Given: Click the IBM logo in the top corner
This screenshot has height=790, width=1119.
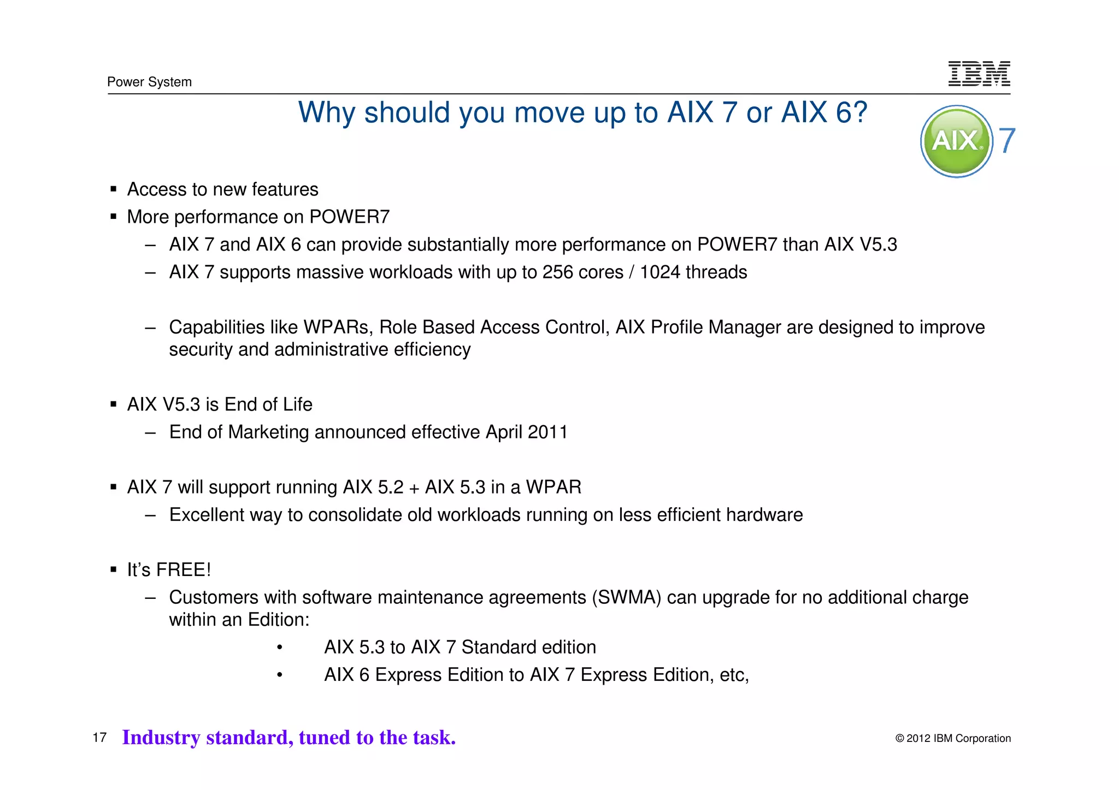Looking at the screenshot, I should coord(979,74).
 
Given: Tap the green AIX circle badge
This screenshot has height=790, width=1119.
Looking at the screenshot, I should coord(956,141).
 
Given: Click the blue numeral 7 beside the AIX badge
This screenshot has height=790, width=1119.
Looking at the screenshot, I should coord(1007,141).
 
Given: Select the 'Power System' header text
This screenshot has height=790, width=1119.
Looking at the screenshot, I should coord(149,82).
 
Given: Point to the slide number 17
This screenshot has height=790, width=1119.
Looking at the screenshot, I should coord(99,738).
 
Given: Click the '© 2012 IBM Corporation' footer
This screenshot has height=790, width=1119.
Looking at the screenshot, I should coord(953,738).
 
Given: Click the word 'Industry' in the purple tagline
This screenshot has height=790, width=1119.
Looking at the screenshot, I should coord(161,738).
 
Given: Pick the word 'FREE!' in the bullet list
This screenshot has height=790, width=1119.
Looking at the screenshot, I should coord(184,570).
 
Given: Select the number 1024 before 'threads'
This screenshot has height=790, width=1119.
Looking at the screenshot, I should coord(660,272).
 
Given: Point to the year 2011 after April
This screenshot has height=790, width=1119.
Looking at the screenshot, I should coord(548,432).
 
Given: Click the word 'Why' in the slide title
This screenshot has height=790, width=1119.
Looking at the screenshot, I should coord(327,113).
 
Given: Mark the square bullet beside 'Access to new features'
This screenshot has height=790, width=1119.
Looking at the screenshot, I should coord(114,189).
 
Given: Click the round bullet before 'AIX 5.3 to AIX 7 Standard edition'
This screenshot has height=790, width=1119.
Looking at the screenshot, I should coord(279,648).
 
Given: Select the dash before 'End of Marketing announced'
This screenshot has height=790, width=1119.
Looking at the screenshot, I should coord(150,432).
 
